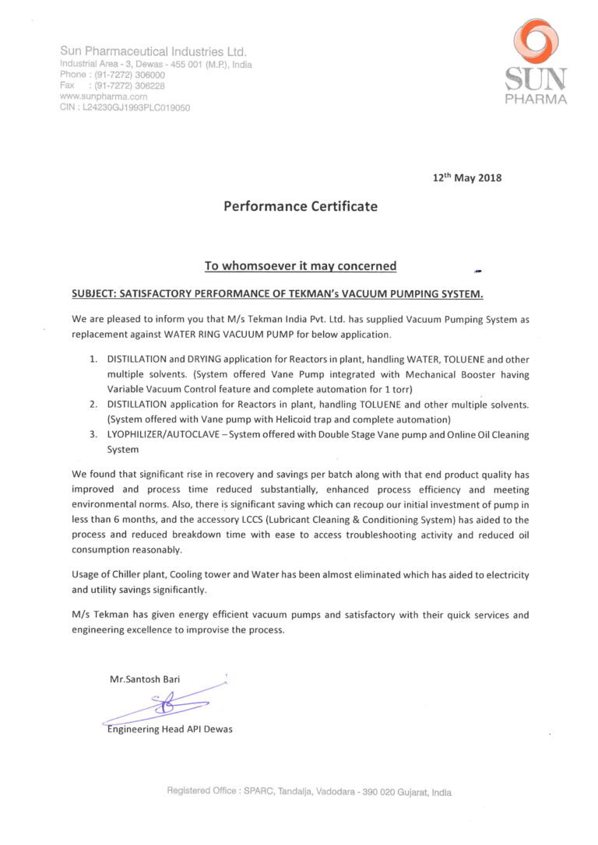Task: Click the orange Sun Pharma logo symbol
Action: pyautogui.click(x=535, y=40)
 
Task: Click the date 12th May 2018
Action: pyautogui.click(x=467, y=177)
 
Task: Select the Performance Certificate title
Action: pyautogui.click(x=301, y=207)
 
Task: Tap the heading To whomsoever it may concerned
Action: pyautogui.click(x=300, y=266)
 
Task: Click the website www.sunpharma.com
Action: pyautogui.click(x=104, y=96)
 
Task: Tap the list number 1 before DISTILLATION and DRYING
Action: pyautogui.click(x=93, y=360)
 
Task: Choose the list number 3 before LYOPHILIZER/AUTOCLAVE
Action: pyautogui.click(x=93, y=435)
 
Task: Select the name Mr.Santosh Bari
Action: pyautogui.click(x=145, y=679)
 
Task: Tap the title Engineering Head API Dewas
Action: pyautogui.click(x=170, y=729)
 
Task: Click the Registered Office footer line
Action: pyautogui.click(x=309, y=792)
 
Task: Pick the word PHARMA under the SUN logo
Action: pyautogui.click(x=536, y=100)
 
